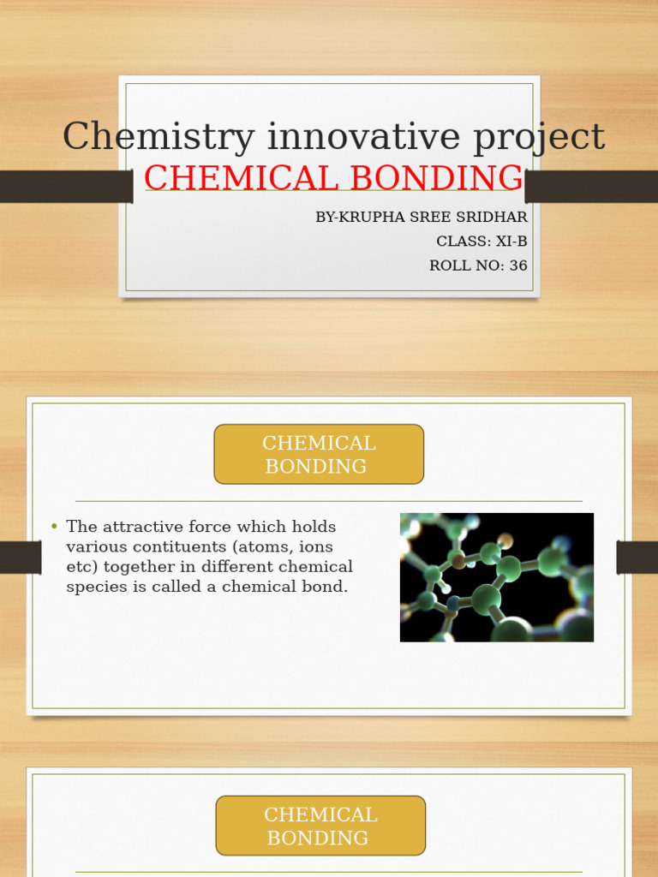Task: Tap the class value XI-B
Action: [x=511, y=242]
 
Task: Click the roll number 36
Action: [x=518, y=265]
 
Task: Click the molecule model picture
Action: [x=496, y=577]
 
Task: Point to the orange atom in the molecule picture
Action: [x=505, y=540]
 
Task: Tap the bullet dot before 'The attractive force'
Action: [x=54, y=527]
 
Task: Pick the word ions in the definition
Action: [x=314, y=546]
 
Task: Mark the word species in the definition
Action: [x=97, y=588]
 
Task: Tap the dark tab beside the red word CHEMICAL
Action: [x=66, y=186]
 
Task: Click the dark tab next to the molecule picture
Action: [x=637, y=558]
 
